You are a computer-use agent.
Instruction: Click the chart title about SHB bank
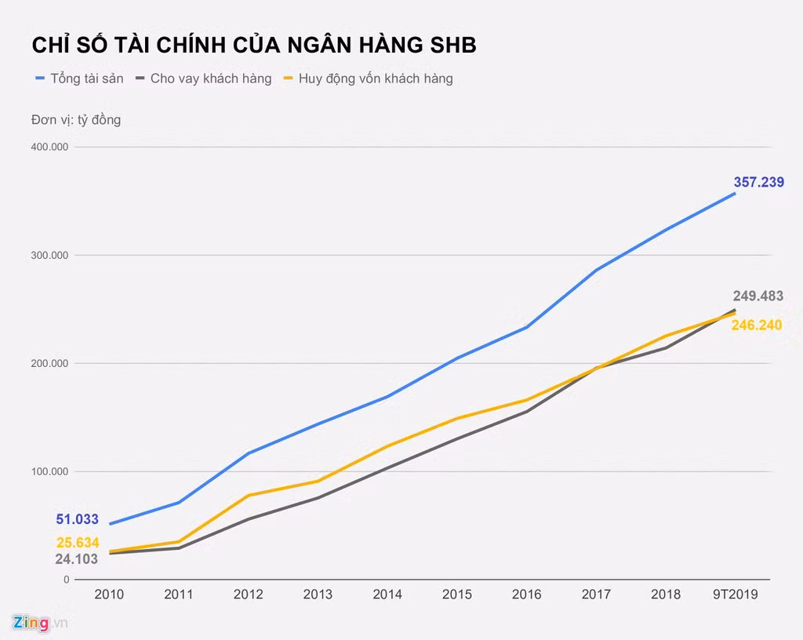(253, 45)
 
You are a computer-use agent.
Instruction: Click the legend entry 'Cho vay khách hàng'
(210, 78)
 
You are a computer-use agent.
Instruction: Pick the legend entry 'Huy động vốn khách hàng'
(375, 78)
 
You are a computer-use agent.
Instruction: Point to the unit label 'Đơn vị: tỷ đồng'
(76, 120)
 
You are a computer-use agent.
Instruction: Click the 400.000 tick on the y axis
(49, 147)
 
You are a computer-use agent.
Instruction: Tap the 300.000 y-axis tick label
(49, 256)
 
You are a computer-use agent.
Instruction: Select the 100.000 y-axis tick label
(49, 471)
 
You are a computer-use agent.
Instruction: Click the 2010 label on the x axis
(109, 595)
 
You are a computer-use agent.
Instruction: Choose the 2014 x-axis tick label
(387, 595)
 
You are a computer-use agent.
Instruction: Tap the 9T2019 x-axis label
(735, 595)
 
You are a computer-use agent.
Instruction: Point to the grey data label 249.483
(758, 296)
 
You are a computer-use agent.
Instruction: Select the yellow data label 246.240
(756, 325)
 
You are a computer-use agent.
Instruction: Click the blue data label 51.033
(77, 519)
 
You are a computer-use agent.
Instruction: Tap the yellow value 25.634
(77, 543)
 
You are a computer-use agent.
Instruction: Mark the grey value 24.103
(76, 559)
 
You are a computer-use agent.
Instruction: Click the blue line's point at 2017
(596, 270)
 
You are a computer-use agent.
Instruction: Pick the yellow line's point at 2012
(249, 495)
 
